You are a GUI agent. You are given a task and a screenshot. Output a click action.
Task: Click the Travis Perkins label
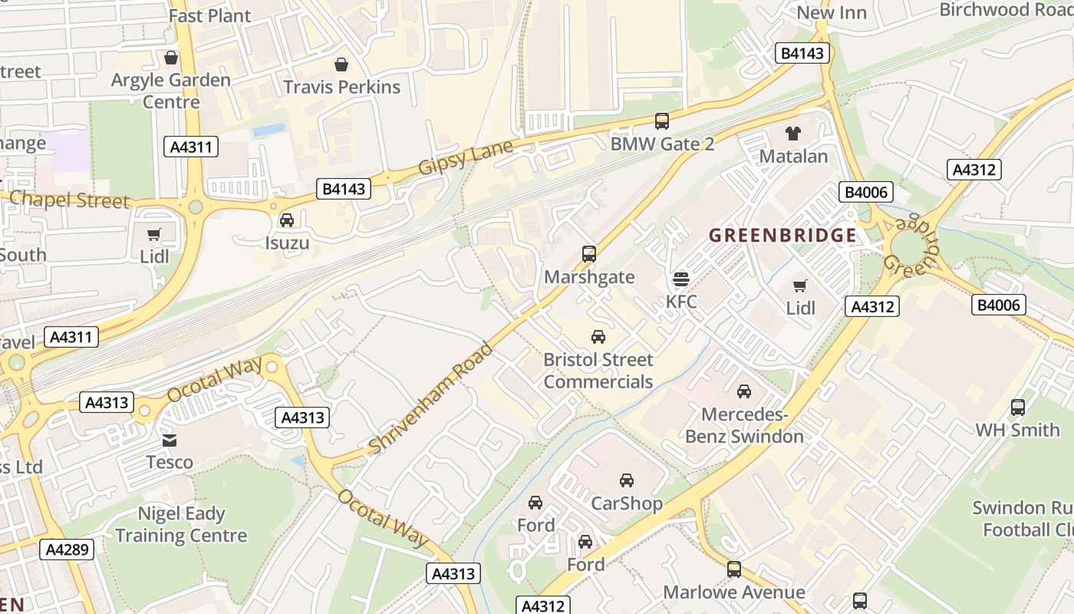341,87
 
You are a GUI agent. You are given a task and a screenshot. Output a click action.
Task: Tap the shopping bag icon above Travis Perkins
341,64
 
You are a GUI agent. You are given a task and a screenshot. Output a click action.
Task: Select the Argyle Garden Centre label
171,91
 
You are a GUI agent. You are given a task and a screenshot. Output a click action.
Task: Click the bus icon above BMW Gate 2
661,121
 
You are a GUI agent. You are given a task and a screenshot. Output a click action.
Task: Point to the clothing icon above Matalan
793,134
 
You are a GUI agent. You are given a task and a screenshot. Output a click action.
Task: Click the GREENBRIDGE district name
782,236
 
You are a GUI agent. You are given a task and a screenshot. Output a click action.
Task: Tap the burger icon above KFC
681,279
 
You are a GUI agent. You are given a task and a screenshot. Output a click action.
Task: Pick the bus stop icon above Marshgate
589,254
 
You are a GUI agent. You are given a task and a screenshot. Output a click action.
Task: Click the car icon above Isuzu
287,220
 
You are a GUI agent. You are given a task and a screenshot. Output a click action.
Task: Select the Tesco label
170,462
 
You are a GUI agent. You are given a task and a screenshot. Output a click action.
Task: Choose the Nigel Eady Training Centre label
181,525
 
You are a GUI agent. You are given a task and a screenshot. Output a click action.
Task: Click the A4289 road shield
69,550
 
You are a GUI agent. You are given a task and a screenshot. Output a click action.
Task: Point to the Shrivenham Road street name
430,398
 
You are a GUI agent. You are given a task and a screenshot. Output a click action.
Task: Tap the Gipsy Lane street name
465,158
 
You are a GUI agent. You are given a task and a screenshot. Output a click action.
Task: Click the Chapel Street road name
69,200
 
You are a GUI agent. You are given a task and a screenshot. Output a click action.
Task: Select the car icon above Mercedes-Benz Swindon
743,391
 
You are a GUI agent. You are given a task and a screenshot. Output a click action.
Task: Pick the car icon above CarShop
627,480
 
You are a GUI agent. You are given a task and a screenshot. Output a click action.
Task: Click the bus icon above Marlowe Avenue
734,569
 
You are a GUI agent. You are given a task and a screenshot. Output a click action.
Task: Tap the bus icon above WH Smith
1017,408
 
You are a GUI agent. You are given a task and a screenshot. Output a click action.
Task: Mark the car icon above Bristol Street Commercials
598,337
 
